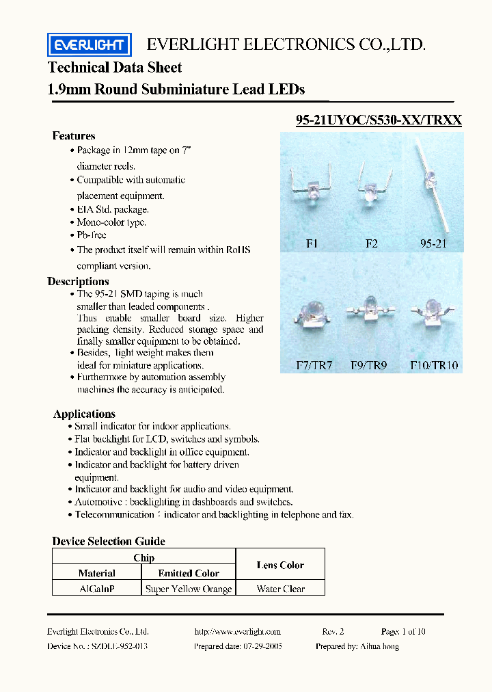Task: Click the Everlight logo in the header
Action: [x=89, y=45]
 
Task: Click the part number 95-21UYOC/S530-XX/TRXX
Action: [x=379, y=120]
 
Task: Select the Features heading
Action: [x=74, y=135]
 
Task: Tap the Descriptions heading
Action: [x=78, y=281]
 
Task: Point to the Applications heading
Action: [x=84, y=414]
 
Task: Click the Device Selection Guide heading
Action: [x=109, y=541]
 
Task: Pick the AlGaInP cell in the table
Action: [x=96, y=589]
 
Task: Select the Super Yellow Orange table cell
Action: [x=189, y=589]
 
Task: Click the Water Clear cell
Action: [x=280, y=589]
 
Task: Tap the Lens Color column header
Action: [x=280, y=565]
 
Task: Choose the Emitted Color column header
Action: [x=189, y=574]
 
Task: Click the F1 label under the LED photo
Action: [x=312, y=243]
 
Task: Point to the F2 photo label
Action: [x=371, y=243]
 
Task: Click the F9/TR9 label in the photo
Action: [x=369, y=365]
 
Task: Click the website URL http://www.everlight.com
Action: [x=237, y=632]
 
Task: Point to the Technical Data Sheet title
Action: [x=115, y=67]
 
